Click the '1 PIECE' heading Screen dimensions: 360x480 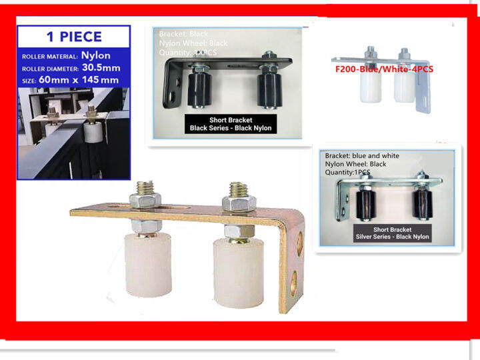coord(73,37)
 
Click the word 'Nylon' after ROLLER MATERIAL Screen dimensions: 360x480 coord(96,56)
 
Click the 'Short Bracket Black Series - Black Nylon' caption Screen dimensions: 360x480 coord(231,123)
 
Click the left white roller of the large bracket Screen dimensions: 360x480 coord(149,266)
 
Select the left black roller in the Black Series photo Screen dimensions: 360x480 coord(200,89)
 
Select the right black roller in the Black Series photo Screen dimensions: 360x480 coord(269,89)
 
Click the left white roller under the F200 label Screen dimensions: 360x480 coord(369,86)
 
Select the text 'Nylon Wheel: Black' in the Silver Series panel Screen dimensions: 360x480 coord(355,163)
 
